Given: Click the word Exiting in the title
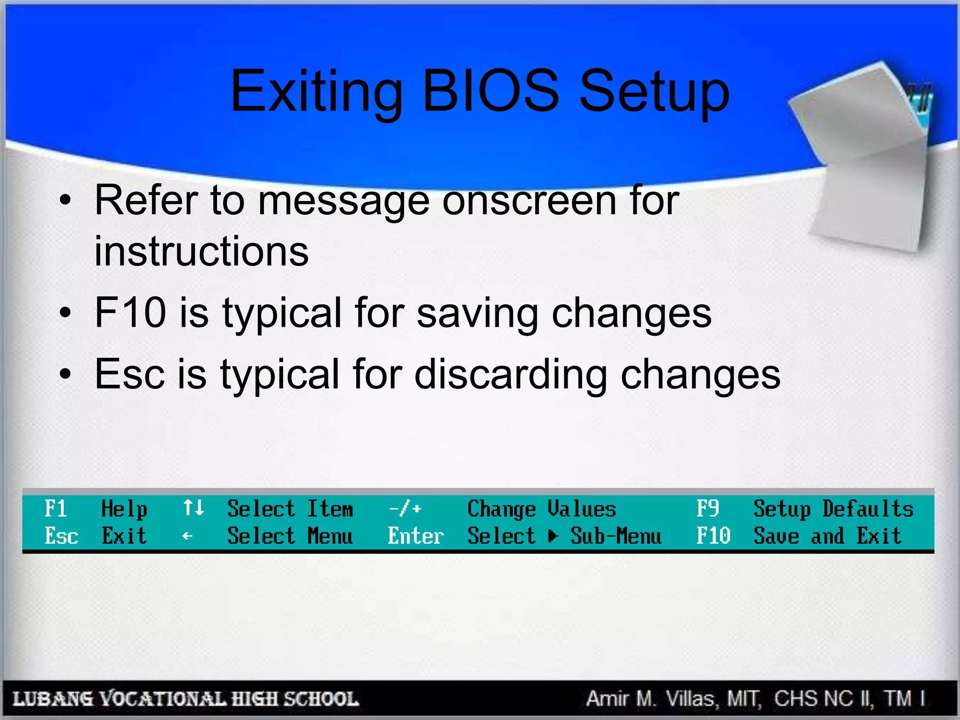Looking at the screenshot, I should [317, 91].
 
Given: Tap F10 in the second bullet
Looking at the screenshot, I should [130, 313].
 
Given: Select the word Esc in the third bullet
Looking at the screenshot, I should [130, 374].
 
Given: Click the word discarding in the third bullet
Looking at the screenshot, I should [511, 374].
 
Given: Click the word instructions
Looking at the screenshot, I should [202, 251].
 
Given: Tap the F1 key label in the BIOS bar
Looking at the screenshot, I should [55, 509].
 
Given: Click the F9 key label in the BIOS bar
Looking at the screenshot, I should [707, 509].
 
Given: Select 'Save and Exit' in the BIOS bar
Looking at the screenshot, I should [827, 536].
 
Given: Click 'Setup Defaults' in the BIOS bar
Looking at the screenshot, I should [833, 509].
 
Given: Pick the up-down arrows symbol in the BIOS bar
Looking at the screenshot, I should [193, 508].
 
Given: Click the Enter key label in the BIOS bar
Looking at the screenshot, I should [415, 536].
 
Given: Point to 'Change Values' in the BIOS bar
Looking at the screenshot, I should [541, 509].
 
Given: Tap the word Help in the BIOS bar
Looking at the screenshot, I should [124, 509].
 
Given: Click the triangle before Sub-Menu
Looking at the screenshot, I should [553, 536].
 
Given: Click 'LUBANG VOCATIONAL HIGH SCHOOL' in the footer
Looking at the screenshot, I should [186, 699].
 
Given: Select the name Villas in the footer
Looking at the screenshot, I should [690, 699].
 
